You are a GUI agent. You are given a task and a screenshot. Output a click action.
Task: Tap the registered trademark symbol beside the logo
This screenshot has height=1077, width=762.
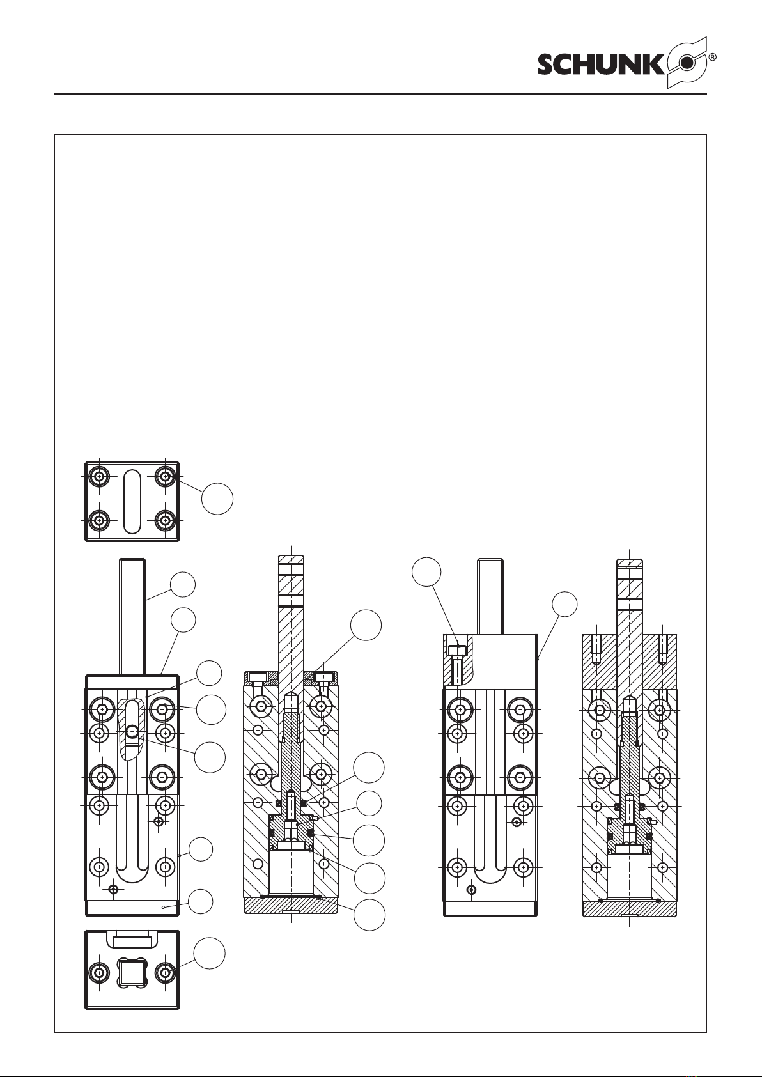713,58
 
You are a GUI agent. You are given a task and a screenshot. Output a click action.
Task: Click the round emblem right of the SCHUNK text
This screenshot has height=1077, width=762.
687,63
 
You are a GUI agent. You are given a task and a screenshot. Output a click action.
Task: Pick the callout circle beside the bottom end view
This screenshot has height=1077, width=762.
209,954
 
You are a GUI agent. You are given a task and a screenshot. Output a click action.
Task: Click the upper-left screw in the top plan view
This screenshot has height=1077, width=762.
100,477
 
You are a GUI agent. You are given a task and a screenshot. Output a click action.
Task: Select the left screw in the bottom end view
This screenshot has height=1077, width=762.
100,973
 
